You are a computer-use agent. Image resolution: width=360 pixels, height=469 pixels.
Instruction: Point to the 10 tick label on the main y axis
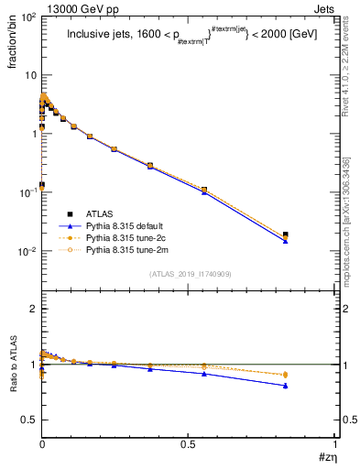28,75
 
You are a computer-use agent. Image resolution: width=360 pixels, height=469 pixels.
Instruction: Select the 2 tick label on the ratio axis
32,309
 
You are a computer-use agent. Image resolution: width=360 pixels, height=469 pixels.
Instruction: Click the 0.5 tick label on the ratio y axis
27,420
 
